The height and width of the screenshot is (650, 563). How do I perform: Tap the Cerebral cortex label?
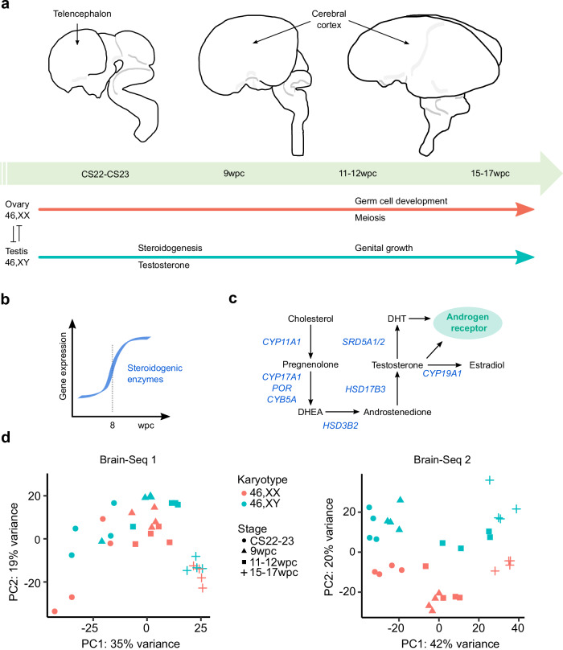click(x=322, y=22)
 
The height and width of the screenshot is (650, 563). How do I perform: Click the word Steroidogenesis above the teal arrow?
click(x=172, y=248)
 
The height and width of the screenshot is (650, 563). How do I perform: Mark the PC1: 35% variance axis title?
click(x=129, y=642)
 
